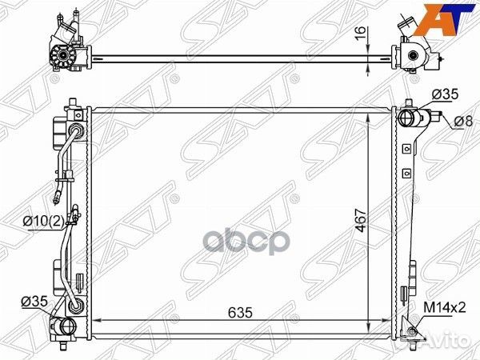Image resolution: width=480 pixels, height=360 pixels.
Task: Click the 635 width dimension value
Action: click(x=240, y=313)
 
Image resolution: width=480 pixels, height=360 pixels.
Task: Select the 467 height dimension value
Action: click(x=362, y=221)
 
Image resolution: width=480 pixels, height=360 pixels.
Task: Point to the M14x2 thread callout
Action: click(x=445, y=308)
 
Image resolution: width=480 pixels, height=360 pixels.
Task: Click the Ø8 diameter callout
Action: click(x=463, y=122)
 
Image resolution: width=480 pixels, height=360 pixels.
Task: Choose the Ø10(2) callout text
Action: click(x=43, y=221)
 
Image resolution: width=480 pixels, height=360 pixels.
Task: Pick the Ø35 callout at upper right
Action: click(x=445, y=94)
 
